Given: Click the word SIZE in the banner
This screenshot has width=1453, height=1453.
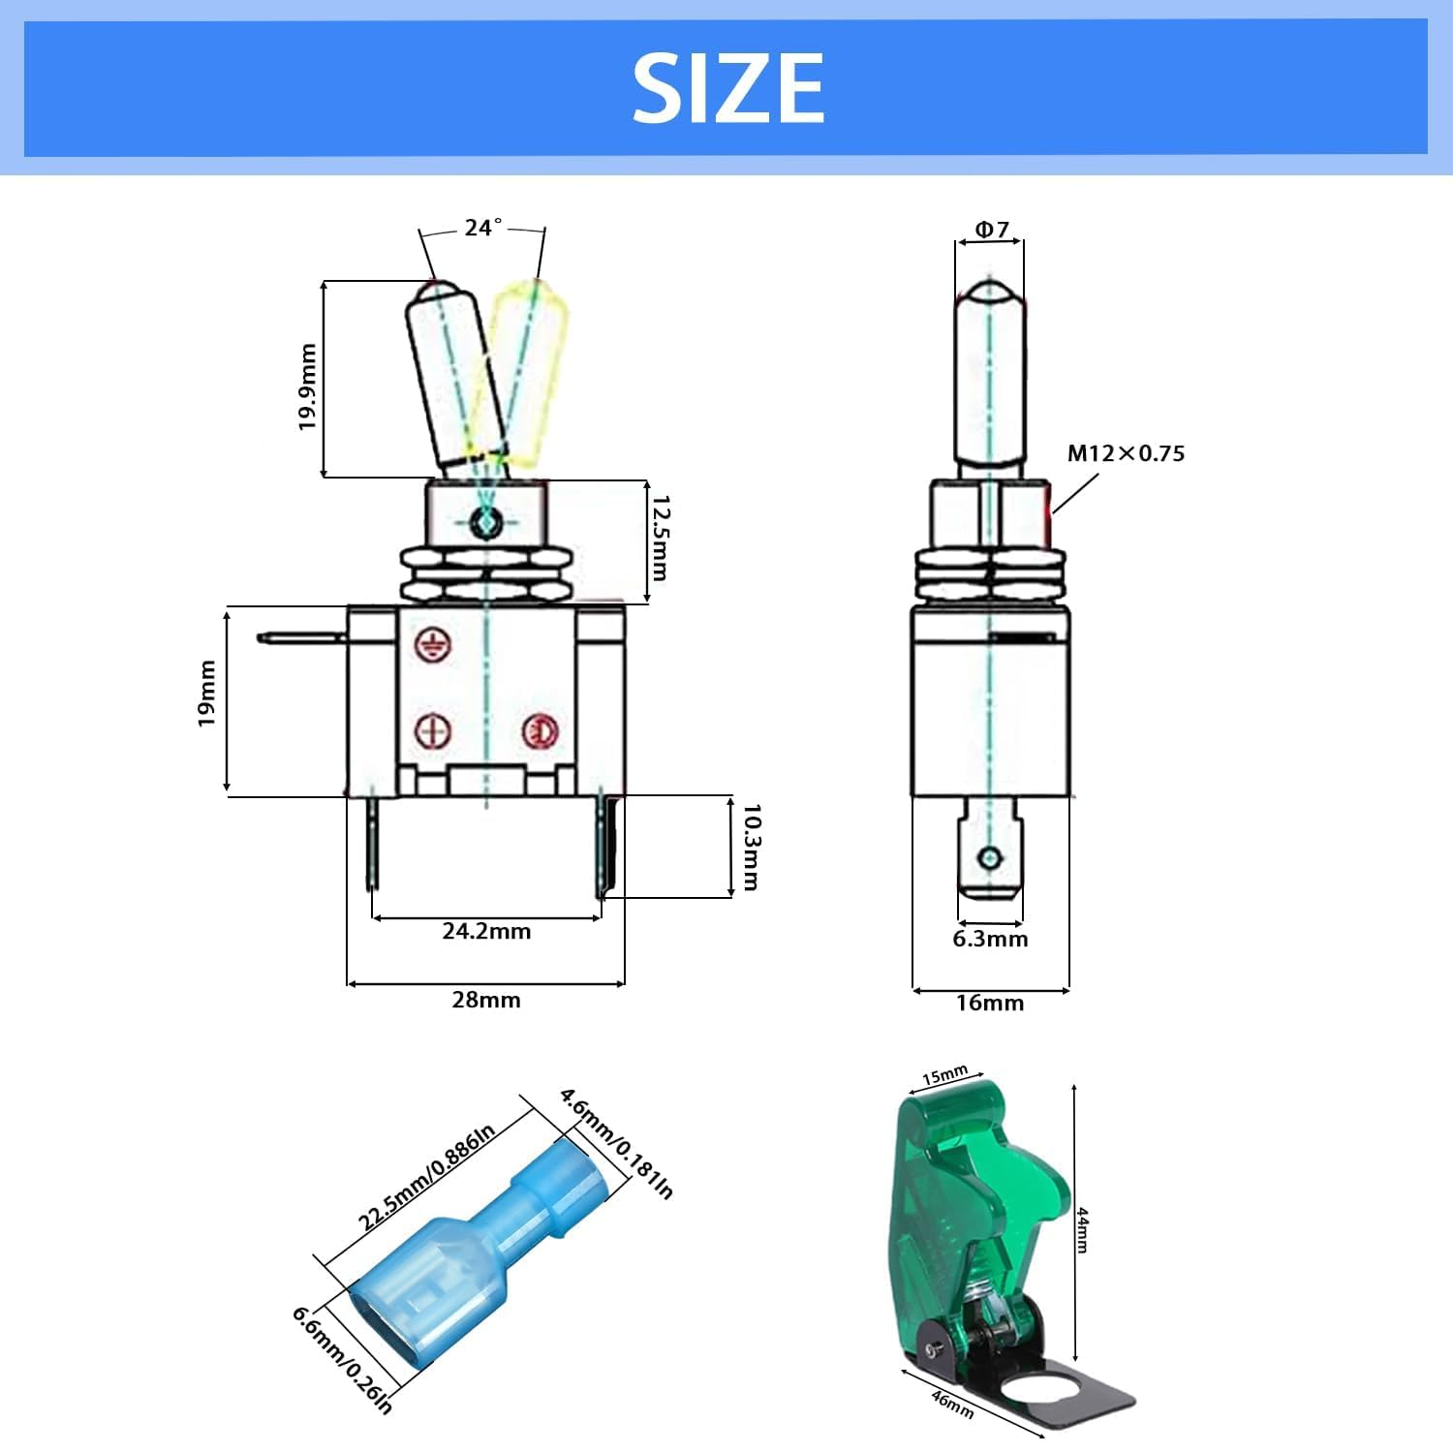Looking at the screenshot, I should click(x=727, y=88).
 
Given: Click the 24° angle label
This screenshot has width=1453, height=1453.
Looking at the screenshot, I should click(x=482, y=228).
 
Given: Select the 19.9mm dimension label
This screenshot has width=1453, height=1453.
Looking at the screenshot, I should click(x=308, y=386).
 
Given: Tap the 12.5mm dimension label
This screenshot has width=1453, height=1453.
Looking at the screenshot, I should click(x=660, y=538).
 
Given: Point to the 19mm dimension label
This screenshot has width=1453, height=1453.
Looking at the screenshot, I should click(x=206, y=694).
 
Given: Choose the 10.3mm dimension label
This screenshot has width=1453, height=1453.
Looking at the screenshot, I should click(x=752, y=847).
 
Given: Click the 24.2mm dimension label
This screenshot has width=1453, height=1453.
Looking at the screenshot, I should click(x=486, y=931).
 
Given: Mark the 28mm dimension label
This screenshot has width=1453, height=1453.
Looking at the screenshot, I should click(x=486, y=1000).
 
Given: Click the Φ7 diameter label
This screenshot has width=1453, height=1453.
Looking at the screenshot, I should click(x=991, y=230).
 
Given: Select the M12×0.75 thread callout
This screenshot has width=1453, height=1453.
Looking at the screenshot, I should click(x=1126, y=453).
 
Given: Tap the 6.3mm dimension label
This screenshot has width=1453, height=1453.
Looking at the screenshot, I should click(x=990, y=939).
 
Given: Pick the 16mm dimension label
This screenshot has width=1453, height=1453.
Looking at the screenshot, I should click(x=990, y=1003).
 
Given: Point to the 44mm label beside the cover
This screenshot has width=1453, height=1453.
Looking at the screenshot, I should click(x=1083, y=1229).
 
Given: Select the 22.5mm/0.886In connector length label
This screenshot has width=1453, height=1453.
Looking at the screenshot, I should click(x=426, y=1176).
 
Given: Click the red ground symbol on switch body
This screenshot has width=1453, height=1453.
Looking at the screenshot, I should click(x=431, y=645).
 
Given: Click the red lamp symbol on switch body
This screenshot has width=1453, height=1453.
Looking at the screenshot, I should click(x=539, y=731).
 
